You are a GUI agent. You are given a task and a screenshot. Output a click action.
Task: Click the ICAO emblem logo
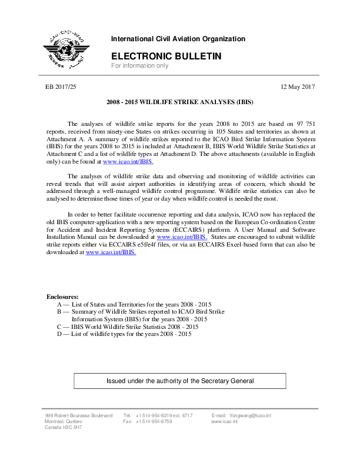tap(65, 49)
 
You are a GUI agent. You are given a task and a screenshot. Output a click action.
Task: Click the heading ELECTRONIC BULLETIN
tap(166, 56)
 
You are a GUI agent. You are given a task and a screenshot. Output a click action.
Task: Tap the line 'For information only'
tap(140, 66)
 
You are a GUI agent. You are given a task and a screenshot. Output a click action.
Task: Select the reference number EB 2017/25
tap(61, 87)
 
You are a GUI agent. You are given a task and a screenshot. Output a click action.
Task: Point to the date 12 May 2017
tap(299, 87)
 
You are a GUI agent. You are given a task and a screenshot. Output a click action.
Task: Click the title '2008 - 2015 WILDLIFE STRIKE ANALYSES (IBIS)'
tap(179, 102)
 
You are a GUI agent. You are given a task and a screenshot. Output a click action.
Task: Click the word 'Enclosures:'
tap(62, 296)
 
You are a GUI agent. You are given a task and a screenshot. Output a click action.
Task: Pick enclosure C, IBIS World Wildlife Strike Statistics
tap(128, 326)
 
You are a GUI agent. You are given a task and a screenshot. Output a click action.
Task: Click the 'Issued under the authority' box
tap(179, 381)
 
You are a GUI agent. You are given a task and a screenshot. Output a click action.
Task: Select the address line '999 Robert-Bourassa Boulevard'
tap(79, 415)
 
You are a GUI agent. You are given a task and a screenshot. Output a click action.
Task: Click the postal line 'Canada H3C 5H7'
tap(64, 428)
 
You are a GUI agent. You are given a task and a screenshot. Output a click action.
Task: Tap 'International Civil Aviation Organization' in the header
tap(178, 39)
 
